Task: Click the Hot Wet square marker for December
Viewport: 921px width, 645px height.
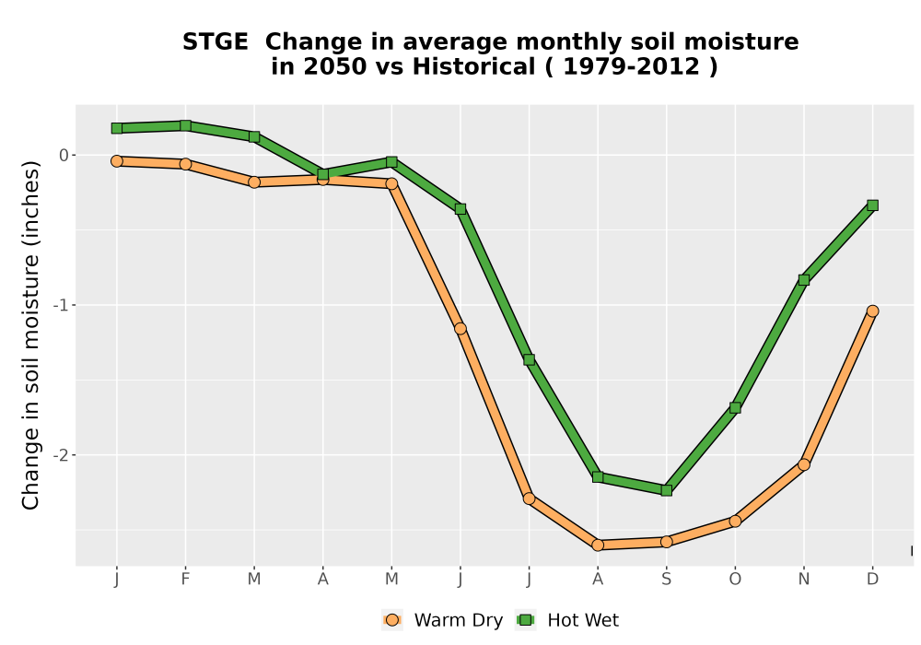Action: click(x=872, y=205)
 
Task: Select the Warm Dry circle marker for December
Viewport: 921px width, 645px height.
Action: click(x=872, y=311)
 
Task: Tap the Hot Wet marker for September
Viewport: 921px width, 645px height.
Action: click(x=666, y=490)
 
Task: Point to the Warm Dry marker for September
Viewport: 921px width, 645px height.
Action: click(x=666, y=542)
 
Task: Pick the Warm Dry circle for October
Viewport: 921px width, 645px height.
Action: click(x=735, y=521)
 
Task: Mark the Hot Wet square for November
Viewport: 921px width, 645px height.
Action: click(x=803, y=279)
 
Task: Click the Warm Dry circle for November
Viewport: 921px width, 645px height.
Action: click(x=803, y=464)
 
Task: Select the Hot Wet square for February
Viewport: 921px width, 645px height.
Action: click(x=186, y=125)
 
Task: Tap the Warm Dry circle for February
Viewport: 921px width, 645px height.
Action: click(x=186, y=164)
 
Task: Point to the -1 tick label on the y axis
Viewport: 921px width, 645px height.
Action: click(x=60, y=305)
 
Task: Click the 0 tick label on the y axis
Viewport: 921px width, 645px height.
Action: click(x=64, y=155)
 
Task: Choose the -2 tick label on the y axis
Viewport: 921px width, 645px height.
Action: click(x=60, y=455)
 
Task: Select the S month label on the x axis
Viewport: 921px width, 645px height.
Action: click(x=666, y=580)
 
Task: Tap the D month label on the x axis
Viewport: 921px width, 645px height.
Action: click(x=872, y=580)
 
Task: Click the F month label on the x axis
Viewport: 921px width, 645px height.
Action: click(x=186, y=580)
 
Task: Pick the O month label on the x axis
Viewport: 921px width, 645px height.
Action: click(x=735, y=580)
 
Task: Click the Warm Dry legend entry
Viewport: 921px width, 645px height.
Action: click(x=442, y=620)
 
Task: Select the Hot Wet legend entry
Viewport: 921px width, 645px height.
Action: click(x=566, y=620)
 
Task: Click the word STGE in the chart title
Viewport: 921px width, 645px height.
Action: click(x=215, y=42)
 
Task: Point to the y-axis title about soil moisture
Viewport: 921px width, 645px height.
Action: click(x=30, y=335)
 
